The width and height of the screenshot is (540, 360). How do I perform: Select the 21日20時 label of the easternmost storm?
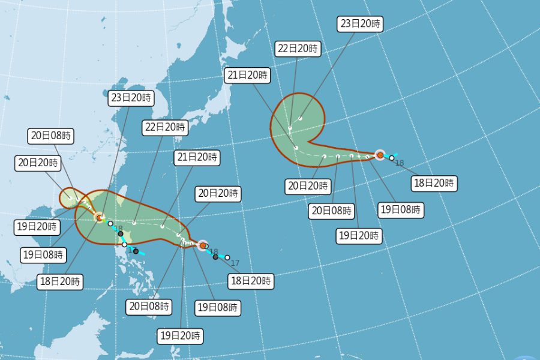point(248,76)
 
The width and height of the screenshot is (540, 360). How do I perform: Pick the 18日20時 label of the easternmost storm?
point(434,184)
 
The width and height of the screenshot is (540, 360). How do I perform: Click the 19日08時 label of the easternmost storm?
point(401,210)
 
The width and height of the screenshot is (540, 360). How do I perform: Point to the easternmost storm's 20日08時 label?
point(332,211)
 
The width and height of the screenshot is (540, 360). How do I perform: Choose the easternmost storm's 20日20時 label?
point(309,186)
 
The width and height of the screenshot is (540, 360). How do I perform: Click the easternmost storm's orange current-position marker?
point(380,155)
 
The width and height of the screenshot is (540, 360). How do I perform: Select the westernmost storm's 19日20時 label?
point(37,227)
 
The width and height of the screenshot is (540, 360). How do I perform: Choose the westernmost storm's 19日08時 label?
point(43,254)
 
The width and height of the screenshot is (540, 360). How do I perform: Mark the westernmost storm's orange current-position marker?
point(100,218)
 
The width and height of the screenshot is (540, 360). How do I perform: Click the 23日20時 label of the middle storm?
point(131,98)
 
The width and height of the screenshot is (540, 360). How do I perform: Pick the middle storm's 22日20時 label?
point(165,127)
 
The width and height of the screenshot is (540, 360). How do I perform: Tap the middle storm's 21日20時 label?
point(197,158)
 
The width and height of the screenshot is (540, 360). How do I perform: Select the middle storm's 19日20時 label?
point(181,335)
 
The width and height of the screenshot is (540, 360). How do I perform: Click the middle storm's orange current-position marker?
point(203,245)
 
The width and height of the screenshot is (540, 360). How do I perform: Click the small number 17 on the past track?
point(235,263)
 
